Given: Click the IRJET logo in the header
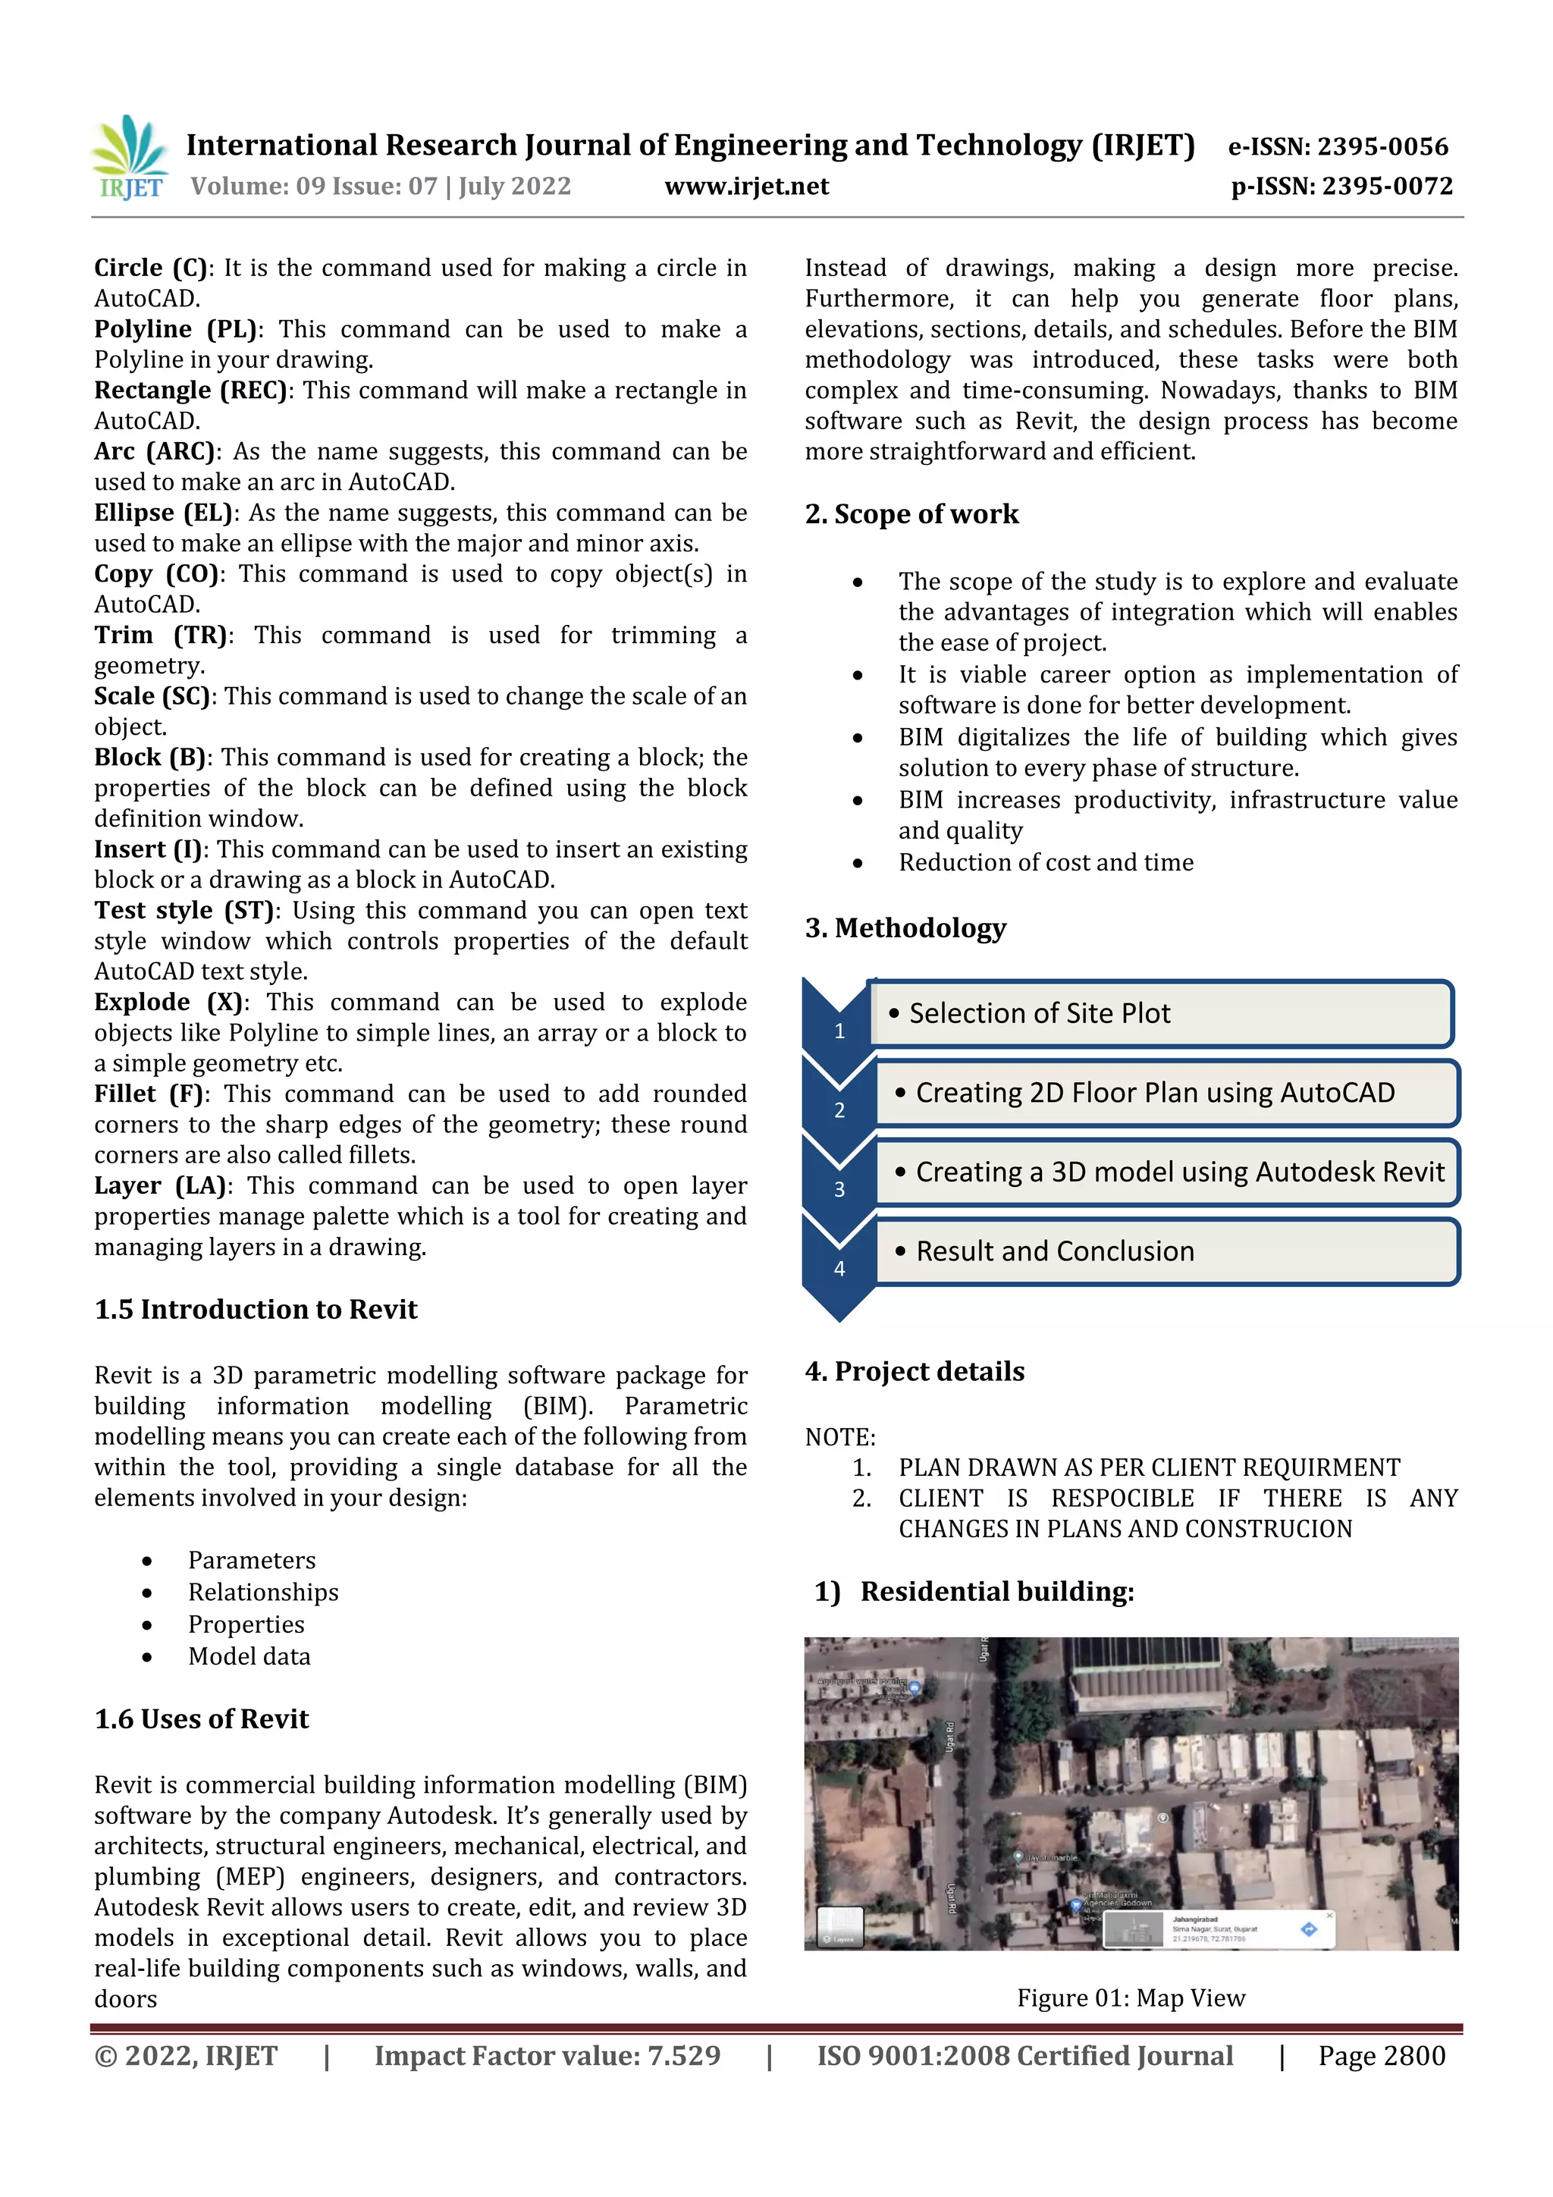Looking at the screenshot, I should [x=130, y=158].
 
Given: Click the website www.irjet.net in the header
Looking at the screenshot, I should [x=746, y=187].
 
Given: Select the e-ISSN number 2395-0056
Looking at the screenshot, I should [x=1382, y=146].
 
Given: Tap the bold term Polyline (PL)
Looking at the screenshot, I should [x=176, y=329].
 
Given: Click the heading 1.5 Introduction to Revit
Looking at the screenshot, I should [x=256, y=1309].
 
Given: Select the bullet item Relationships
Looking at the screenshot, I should [x=263, y=1593].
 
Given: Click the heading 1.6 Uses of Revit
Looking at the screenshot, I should [x=201, y=1718].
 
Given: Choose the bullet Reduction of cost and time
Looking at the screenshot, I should [x=1045, y=862].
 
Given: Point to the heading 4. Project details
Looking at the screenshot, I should [x=914, y=1371].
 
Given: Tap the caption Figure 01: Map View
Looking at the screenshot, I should [x=1131, y=1998].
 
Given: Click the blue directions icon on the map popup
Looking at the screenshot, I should [x=1308, y=1929].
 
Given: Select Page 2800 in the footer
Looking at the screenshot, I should [x=1381, y=2057].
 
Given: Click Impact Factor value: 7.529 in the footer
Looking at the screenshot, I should [x=547, y=2057].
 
